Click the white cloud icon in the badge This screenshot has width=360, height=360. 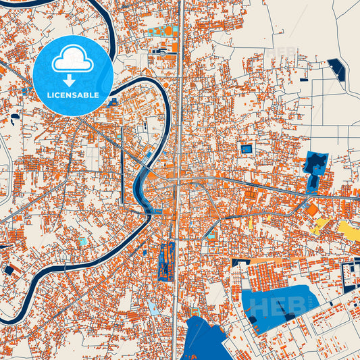(73, 61)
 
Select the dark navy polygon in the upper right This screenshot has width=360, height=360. (336, 67)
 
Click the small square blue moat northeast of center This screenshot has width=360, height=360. (247, 149)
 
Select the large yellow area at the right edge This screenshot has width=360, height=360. (349, 231)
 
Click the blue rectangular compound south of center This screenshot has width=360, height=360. (167, 260)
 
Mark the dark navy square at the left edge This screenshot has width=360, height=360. (9, 269)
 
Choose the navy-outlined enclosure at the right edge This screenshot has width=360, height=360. (351, 277)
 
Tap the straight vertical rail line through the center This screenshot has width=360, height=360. (180, 101)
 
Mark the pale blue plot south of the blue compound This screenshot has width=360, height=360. (153, 308)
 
